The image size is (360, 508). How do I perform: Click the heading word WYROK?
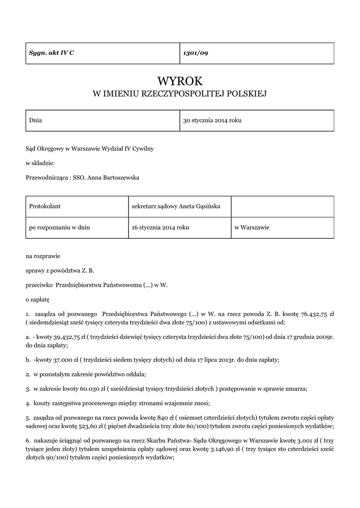pyautogui.click(x=180, y=81)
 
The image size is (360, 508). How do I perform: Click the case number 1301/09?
pyautogui.click(x=196, y=53)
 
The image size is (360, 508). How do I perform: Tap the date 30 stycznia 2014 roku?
pyautogui.click(x=213, y=121)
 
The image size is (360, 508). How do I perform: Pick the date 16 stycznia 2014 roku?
pyautogui.click(x=160, y=227)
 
